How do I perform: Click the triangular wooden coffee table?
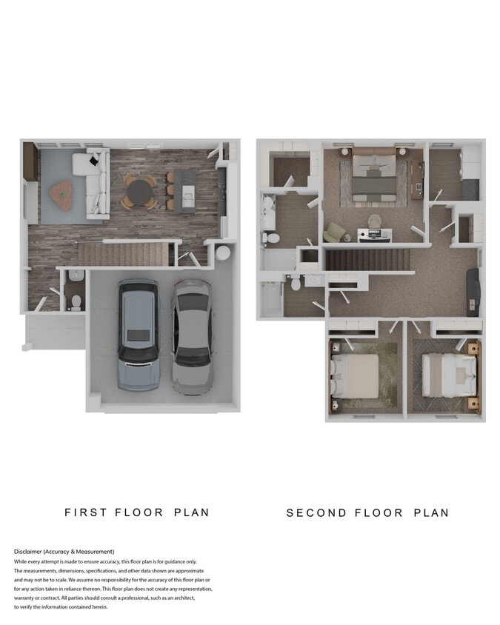(x=62, y=194)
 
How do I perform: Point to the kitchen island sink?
(x=187, y=194)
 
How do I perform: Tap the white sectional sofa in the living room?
(x=96, y=186)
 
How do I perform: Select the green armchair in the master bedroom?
(x=334, y=233)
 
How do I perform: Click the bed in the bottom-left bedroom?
(x=356, y=375)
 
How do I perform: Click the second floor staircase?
(x=368, y=259)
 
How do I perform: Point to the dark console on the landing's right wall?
(x=472, y=293)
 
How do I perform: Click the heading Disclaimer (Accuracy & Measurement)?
(x=64, y=552)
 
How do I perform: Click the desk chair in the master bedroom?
(x=374, y=221)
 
